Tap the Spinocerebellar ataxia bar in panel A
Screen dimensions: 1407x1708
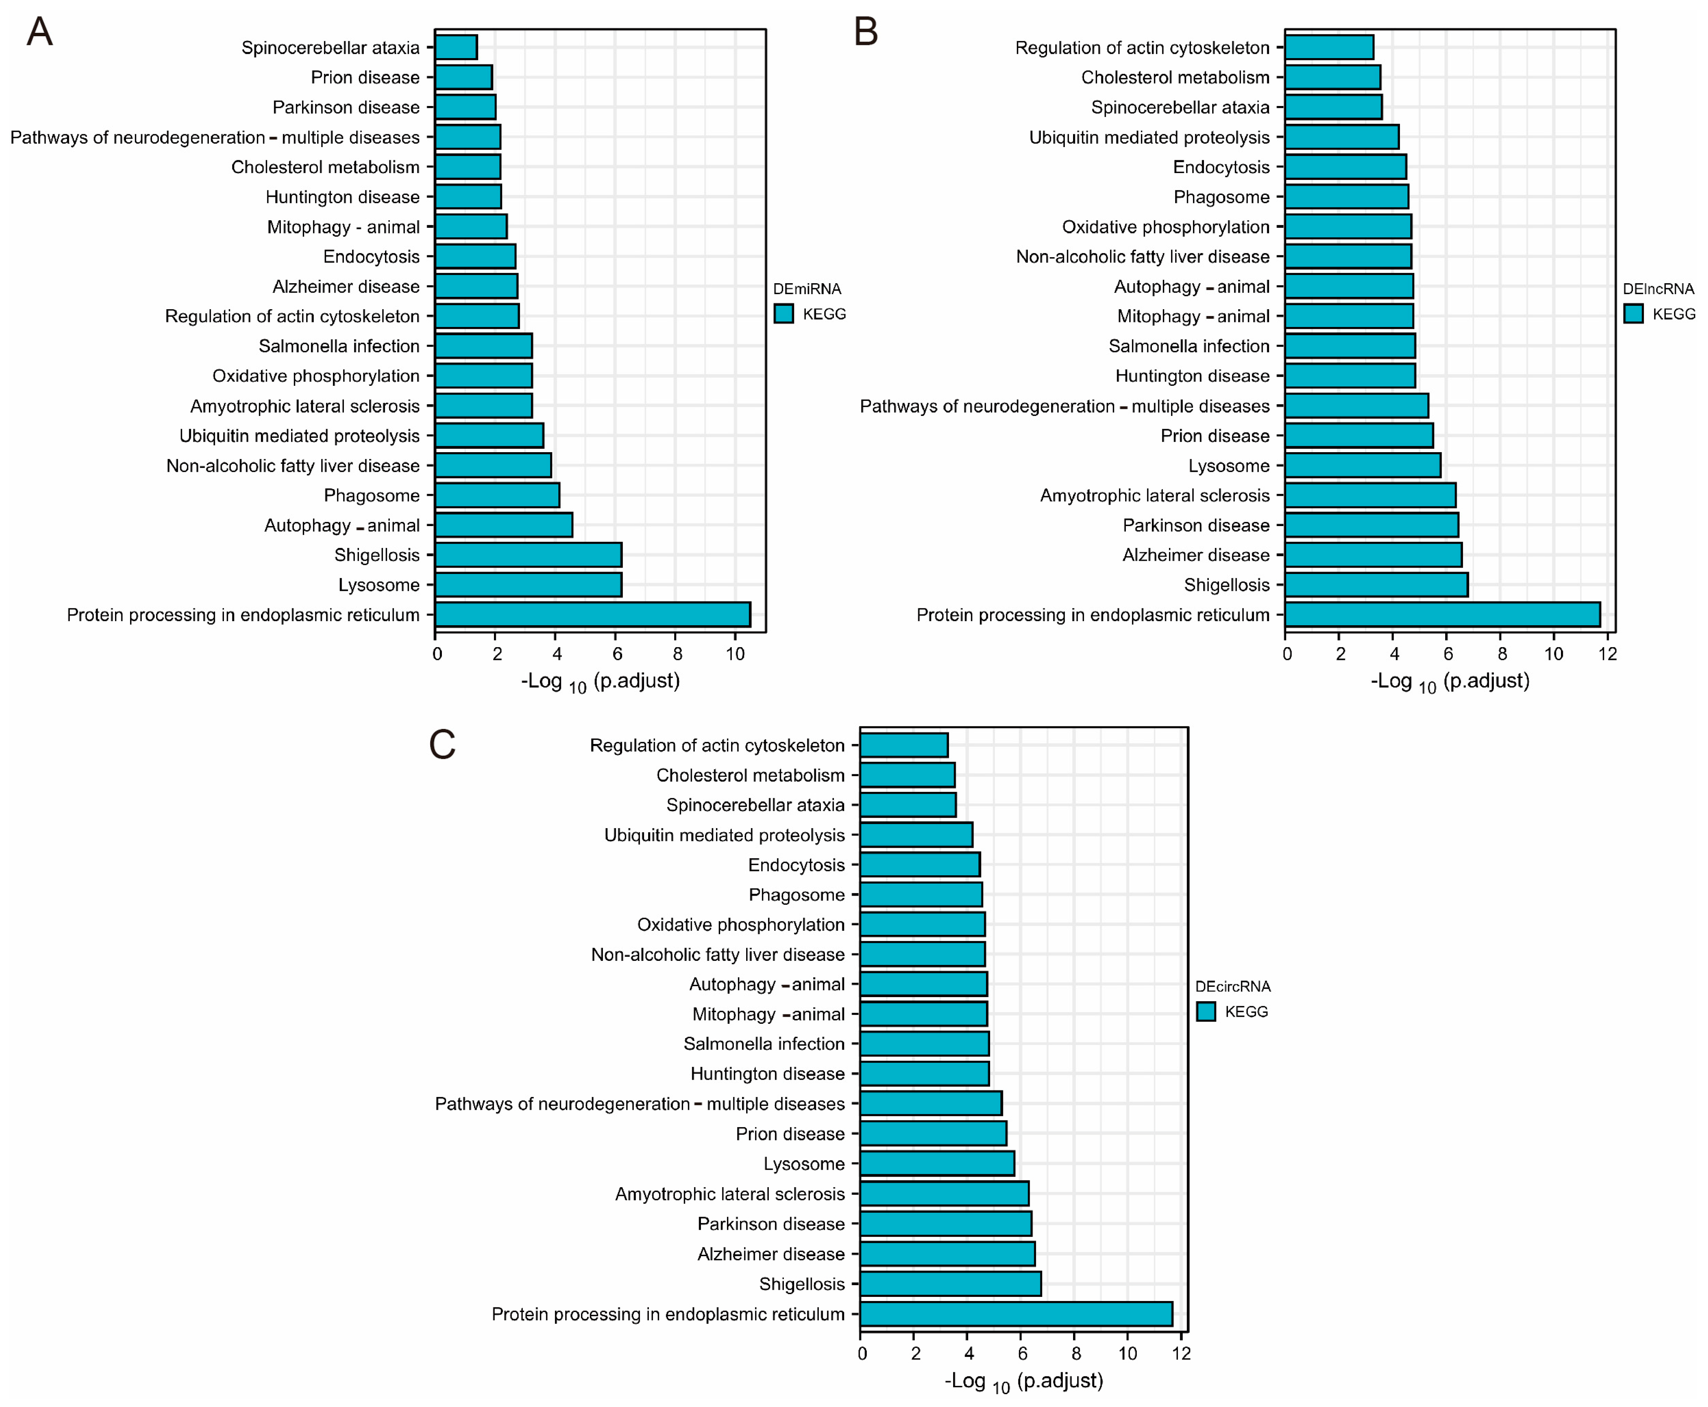456,47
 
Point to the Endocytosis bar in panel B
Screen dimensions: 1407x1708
1345,167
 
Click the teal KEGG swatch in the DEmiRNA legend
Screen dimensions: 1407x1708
783,314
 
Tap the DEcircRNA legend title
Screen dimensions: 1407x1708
1233,987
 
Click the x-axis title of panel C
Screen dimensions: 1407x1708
1023,1381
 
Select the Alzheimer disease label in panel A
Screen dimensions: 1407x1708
346,286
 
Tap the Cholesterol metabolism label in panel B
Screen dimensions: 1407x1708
1175,77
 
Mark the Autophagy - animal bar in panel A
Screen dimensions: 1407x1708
503,525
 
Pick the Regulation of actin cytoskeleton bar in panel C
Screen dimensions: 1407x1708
903,745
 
